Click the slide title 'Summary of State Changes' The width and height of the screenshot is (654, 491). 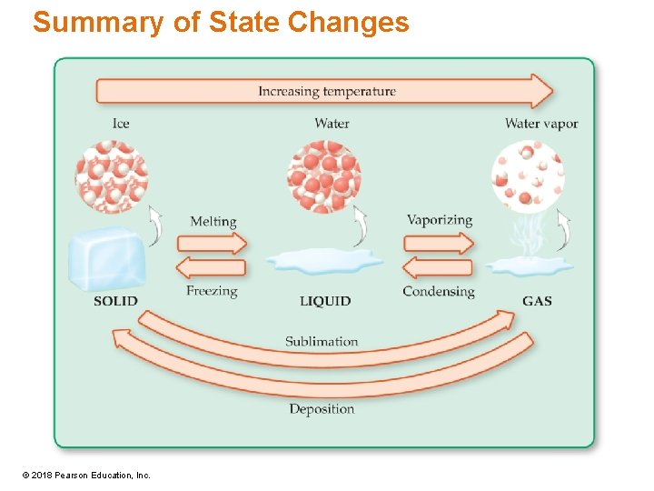tap(221, 22)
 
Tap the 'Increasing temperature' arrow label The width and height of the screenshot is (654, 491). tap(327, 91)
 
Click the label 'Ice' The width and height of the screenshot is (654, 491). tap(121, 124)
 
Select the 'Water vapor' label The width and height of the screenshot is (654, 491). tap(541, 124)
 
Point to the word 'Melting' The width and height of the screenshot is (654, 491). tap(213, 221)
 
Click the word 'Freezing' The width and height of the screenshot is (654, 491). tap(212, 291)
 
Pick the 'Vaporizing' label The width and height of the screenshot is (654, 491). tap(440, 220)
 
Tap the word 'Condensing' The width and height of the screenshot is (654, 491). tap(439, 291)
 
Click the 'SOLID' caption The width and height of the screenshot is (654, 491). tap(115, 301)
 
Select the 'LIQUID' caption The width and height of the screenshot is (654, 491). tap(325, 301)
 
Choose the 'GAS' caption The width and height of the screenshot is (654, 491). tap(537, 301)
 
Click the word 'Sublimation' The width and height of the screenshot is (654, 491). tap(322, 342)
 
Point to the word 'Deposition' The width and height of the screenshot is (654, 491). tap(322, 409)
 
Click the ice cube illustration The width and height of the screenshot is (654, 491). tap(107, 259)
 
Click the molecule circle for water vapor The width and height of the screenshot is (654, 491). tap(528, 175)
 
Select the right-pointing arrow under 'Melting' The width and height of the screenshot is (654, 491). tap(212, 243)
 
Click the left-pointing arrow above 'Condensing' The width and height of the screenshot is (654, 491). tap(438, 267)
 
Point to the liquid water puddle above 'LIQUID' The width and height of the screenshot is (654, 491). tap(324, 262)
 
